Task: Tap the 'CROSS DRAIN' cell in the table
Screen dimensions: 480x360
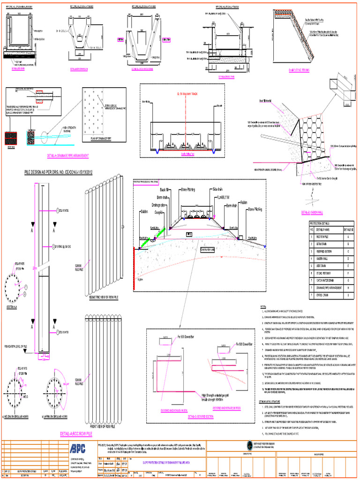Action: tap(323, 296)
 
